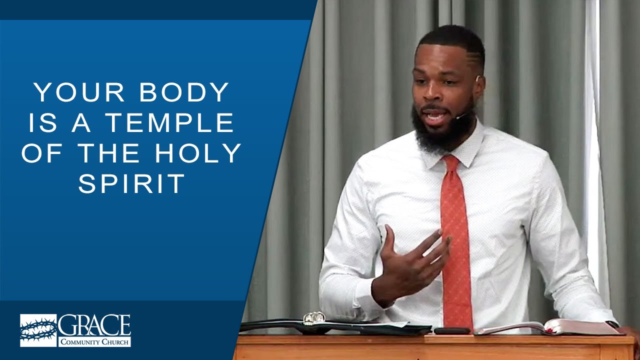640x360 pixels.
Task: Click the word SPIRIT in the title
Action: pos(131,184)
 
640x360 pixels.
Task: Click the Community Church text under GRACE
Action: pos(94,342)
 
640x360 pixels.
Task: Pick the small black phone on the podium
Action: pos(452,330)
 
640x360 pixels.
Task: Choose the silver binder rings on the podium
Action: pos(314,317)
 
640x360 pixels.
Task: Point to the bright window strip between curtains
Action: pos(592,150)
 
